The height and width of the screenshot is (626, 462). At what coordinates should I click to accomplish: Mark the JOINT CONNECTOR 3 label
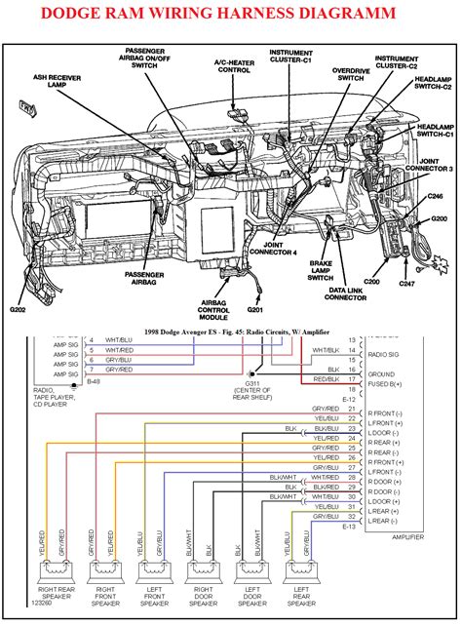(434, 169)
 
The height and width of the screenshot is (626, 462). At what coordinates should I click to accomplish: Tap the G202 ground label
(19, 310)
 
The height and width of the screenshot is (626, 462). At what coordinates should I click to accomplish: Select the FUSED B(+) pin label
(385, 384)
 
